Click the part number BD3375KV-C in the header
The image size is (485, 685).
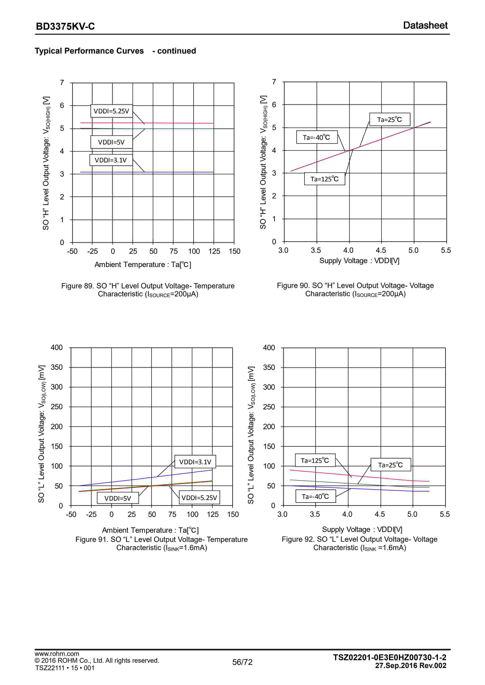65,27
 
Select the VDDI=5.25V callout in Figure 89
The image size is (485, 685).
111,111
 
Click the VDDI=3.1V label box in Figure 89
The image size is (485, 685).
111,160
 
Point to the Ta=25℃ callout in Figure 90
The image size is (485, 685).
390,120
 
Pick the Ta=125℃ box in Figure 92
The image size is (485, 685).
315,460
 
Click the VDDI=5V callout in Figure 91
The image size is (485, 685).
118,498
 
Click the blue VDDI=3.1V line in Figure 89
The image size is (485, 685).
179,172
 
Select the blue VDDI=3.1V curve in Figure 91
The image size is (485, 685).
185,473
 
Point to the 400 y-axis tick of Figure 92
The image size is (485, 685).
269,348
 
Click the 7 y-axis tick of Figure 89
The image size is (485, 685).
62,83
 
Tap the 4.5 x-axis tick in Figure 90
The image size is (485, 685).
381,250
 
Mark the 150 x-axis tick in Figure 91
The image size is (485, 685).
233,514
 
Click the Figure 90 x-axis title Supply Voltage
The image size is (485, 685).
359,261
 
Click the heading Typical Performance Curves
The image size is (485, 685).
89,51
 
